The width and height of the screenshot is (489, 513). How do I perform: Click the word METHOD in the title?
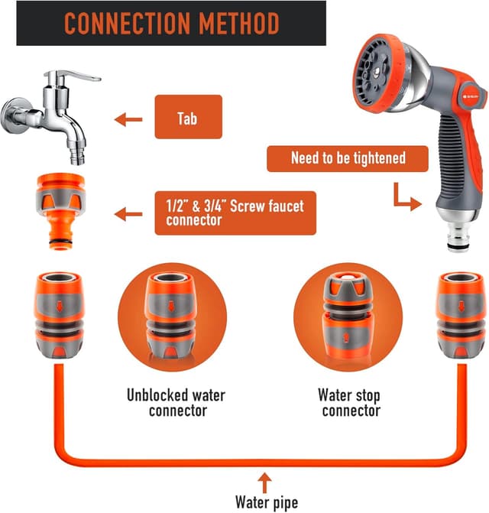(x=239, y=23)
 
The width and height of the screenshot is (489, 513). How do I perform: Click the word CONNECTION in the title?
(x=127, y=23)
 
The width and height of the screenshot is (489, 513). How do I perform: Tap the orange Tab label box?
(x=188, y=117)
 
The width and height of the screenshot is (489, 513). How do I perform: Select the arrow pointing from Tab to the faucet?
(x=128, y=119)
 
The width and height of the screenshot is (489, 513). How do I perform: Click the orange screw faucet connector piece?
(x=60, y=211)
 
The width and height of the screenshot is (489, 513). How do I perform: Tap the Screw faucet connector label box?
(x=235, y=213)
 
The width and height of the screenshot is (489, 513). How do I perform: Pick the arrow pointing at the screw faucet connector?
(x=128, y=214)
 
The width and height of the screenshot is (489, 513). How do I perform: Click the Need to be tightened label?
(x=348, y=159)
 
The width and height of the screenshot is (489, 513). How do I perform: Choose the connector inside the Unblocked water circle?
(x=170, y=316)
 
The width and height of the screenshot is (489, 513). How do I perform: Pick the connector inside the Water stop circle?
(x=346, y=316)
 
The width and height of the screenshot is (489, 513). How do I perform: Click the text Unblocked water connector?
(x=176, y=403)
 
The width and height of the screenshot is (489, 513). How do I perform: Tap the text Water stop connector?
(x=350, y=403)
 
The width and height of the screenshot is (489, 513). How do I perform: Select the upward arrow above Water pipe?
(x=265, y=483)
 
